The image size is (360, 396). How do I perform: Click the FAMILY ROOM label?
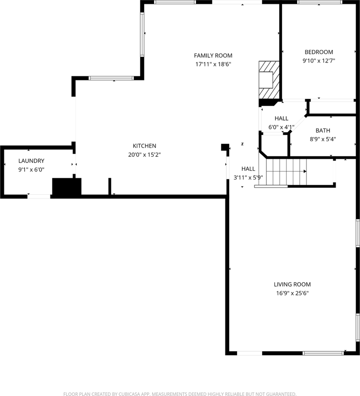tap(213, 55)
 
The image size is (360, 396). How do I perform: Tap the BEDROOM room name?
tap(318, 52)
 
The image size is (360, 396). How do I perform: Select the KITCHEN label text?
tap(144, 146)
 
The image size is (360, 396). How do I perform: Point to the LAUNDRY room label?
tap(31, 161)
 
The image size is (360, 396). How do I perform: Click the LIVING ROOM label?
tap(292, 284)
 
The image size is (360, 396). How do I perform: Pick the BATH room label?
tap(322, 130)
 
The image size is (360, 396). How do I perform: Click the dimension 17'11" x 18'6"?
tap(213, 64)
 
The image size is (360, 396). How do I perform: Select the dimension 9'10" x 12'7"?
tap(318, 61)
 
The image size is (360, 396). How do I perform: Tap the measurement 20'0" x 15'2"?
tap(144, 155)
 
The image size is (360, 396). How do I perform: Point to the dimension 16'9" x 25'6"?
tap(292, 293)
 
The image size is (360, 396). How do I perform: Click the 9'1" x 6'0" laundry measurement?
tap(31, 170)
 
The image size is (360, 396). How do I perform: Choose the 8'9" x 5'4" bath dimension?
tap(322, 139)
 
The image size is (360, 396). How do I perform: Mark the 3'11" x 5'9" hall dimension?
tap(248, 177)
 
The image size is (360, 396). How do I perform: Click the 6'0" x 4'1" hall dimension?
tap(281, 127)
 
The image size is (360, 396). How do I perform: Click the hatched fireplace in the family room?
tap(268, 80)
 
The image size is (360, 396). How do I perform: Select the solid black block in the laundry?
tap(66, 186)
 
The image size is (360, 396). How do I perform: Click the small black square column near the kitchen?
tap(225, 147)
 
